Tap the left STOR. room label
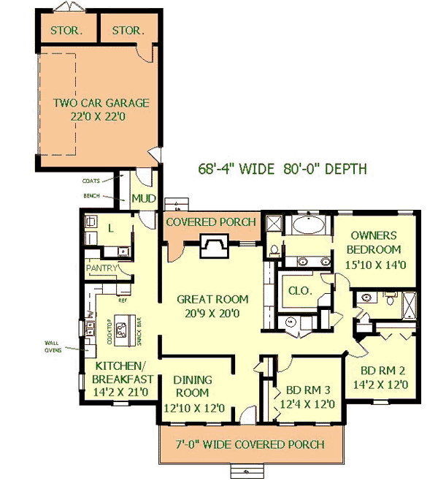(66, 31)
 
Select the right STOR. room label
(128, 31)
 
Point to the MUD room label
(140, 198)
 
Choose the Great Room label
(212, 306)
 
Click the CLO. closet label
(298, 290)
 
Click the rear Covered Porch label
(211, 221)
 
